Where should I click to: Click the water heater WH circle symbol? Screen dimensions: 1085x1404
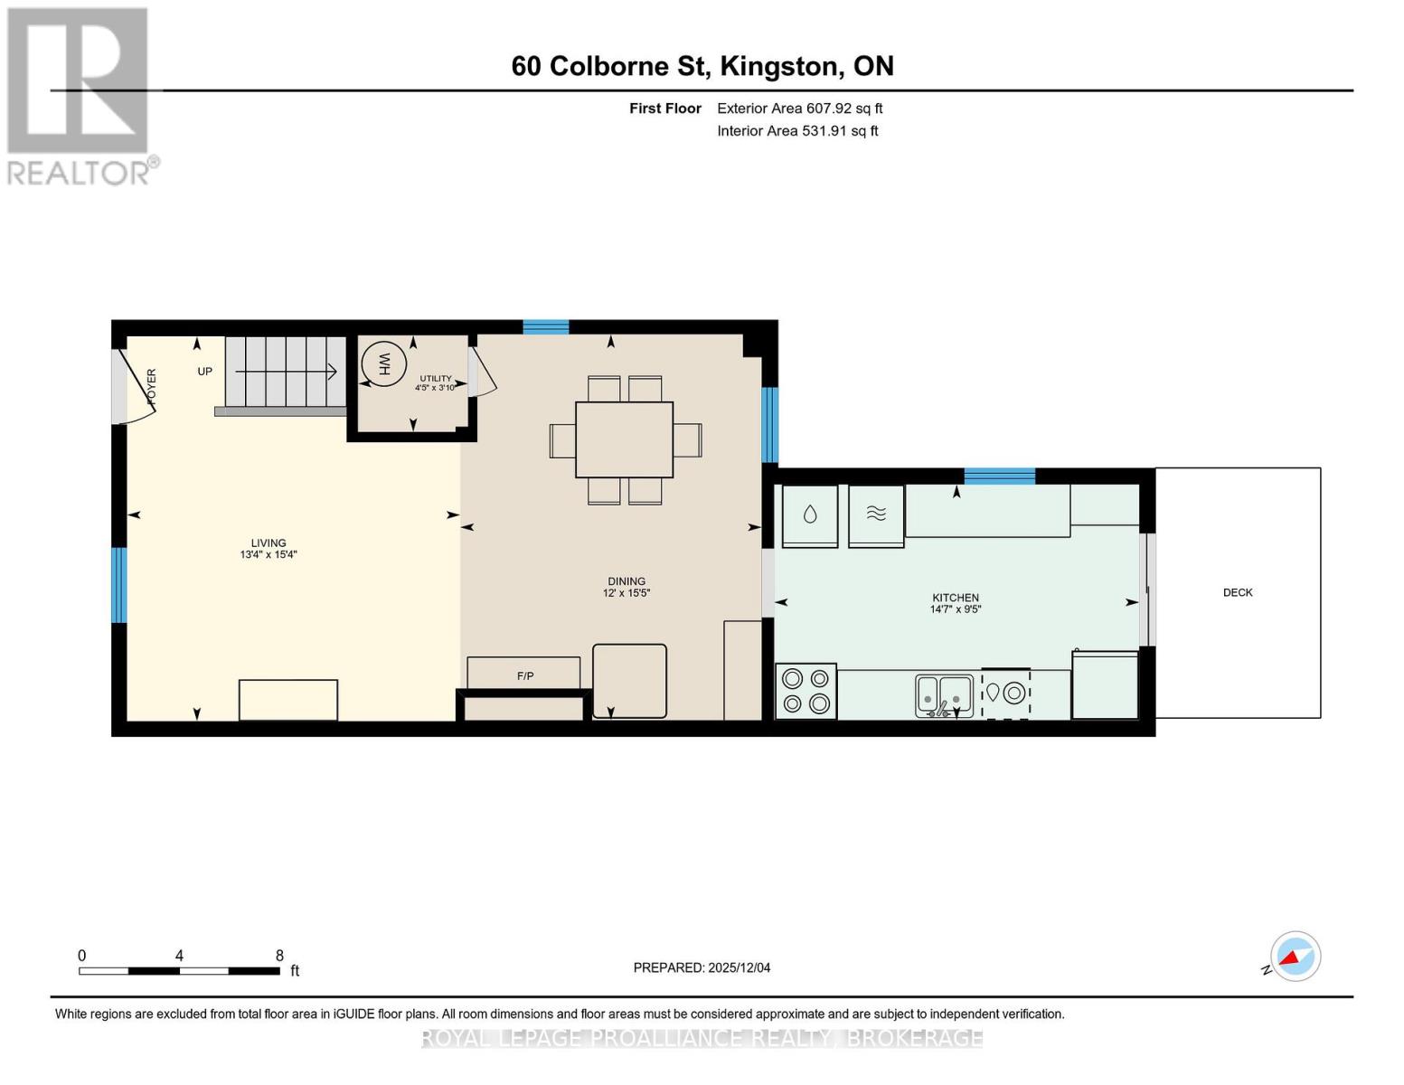point(383,365)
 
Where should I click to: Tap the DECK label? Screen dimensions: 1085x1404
point(1238,593)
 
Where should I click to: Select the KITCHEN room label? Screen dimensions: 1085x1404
point(956,598)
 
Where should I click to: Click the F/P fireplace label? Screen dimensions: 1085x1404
point(525,676)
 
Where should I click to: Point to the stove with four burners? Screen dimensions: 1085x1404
point(806,692)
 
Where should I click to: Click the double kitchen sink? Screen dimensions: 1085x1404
point(944,695)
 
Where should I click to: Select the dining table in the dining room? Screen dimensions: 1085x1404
point(625,439)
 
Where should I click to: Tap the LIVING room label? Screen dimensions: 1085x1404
point(269,543)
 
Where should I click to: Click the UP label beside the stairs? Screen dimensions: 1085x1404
point(205,372)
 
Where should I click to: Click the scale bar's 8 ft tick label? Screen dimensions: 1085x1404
point(279,956)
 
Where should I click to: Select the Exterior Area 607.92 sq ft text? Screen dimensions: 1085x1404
point(799,108)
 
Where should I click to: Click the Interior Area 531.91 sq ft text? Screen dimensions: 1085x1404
point(797,131)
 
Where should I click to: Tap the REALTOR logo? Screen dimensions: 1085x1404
point(80,95)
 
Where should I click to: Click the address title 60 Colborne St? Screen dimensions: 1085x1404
point(702,66)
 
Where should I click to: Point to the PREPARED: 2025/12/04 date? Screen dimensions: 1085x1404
point(702,967)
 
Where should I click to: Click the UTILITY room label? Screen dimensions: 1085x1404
point(436,379)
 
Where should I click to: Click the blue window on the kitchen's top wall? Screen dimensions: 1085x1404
point(999,476)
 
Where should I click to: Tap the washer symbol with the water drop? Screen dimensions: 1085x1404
point(810,515)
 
